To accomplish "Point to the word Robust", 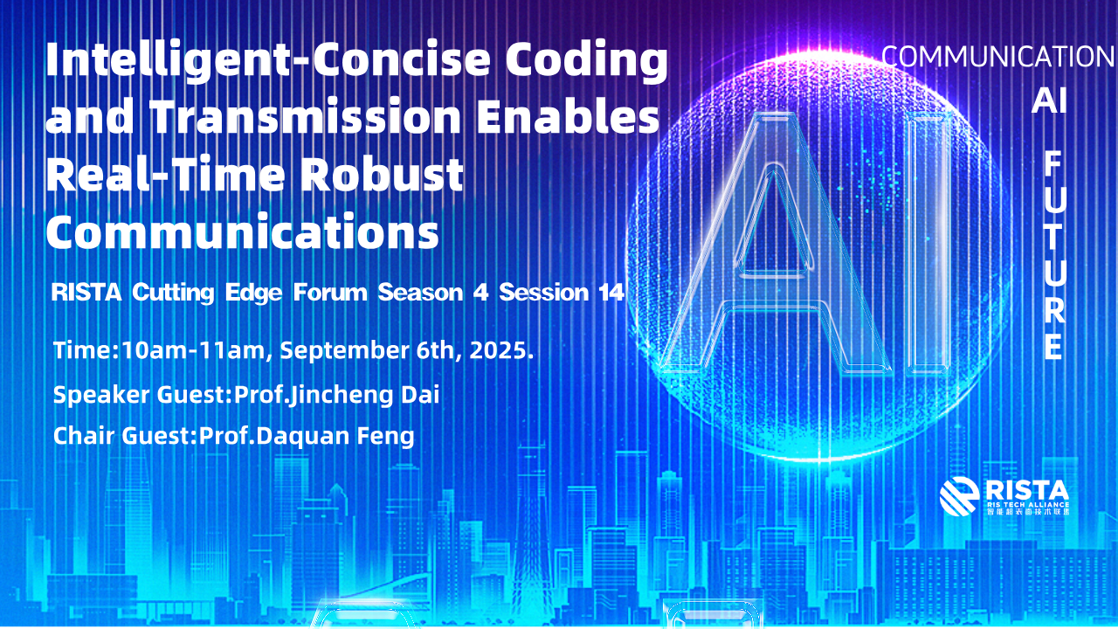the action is (x=383, y=174).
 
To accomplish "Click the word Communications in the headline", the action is (x=243, y=232).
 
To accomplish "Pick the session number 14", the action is (x=611, y=292).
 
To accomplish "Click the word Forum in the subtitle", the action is (x=330, y=292).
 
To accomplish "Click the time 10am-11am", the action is (x=193, y=350).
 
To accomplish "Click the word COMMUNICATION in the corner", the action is (x=998, y=57).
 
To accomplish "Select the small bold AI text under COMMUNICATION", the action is (x=1049, y=100).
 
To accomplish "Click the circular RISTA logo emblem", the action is (x=959, y=496).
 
